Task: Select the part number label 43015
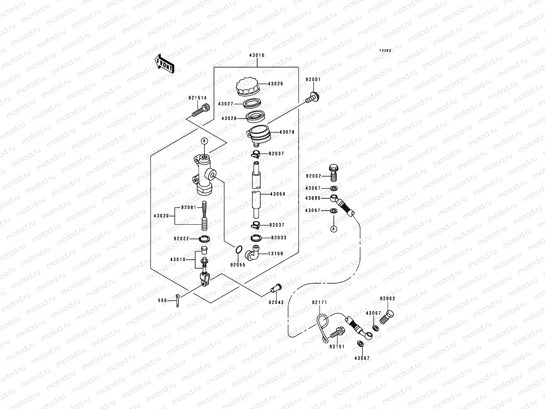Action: (257, 55)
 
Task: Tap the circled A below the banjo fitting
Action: (334, 229)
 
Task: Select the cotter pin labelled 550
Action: (177, 300)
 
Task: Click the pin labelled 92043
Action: (276, 289)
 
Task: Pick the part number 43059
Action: (278, 194)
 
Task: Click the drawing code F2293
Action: (386, 50)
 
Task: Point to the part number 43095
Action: (312, 198)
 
